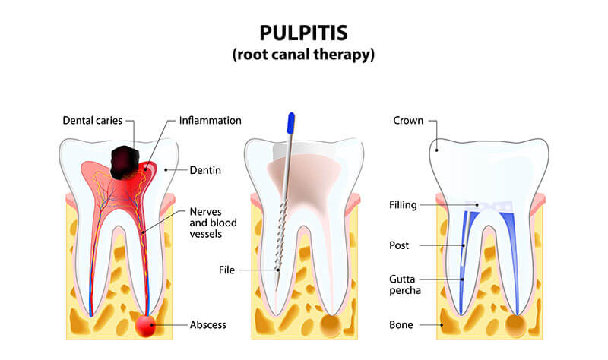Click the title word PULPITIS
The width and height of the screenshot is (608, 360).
click(304, 33)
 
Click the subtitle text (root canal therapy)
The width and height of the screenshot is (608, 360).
click(304, 55)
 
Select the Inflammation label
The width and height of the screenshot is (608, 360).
click(211, 121)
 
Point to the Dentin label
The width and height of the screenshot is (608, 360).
click(205, 170)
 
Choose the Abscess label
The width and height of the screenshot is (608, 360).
click(207, 325)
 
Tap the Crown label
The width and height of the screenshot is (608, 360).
click(409, 121)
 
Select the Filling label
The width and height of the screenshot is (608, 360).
click(403, 204)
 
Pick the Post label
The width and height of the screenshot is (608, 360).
click(399, 245)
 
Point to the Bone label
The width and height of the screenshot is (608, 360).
click(401, 325)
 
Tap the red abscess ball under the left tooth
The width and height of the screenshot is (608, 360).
click(147, 325)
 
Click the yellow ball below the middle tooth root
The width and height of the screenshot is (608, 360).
click(331, 325)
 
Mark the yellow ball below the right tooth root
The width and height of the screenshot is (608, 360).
click(517, 325)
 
